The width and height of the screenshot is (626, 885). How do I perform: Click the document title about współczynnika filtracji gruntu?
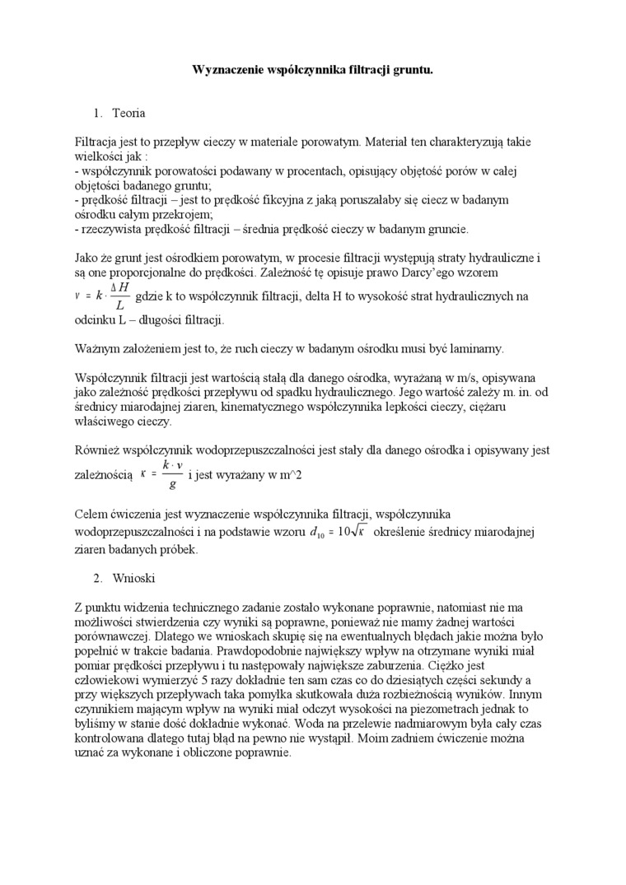(313, 71)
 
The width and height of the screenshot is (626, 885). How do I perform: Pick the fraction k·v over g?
(171, 474)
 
